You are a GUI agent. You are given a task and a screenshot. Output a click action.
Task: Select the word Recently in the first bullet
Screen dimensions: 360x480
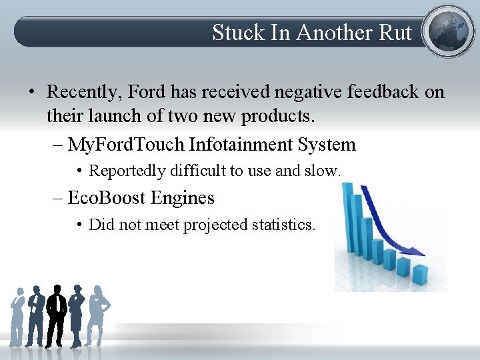(84, 91)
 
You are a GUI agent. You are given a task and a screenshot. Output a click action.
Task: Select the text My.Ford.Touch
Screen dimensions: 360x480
(127, 145)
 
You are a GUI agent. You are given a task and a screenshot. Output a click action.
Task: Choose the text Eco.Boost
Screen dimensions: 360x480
(107, 198)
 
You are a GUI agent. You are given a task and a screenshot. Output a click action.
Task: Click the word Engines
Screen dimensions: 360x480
(182, 198)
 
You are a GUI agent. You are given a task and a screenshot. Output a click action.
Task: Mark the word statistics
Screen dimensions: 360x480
(283, 225)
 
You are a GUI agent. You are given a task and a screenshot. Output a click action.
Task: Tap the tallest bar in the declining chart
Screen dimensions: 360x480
(349, 213)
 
